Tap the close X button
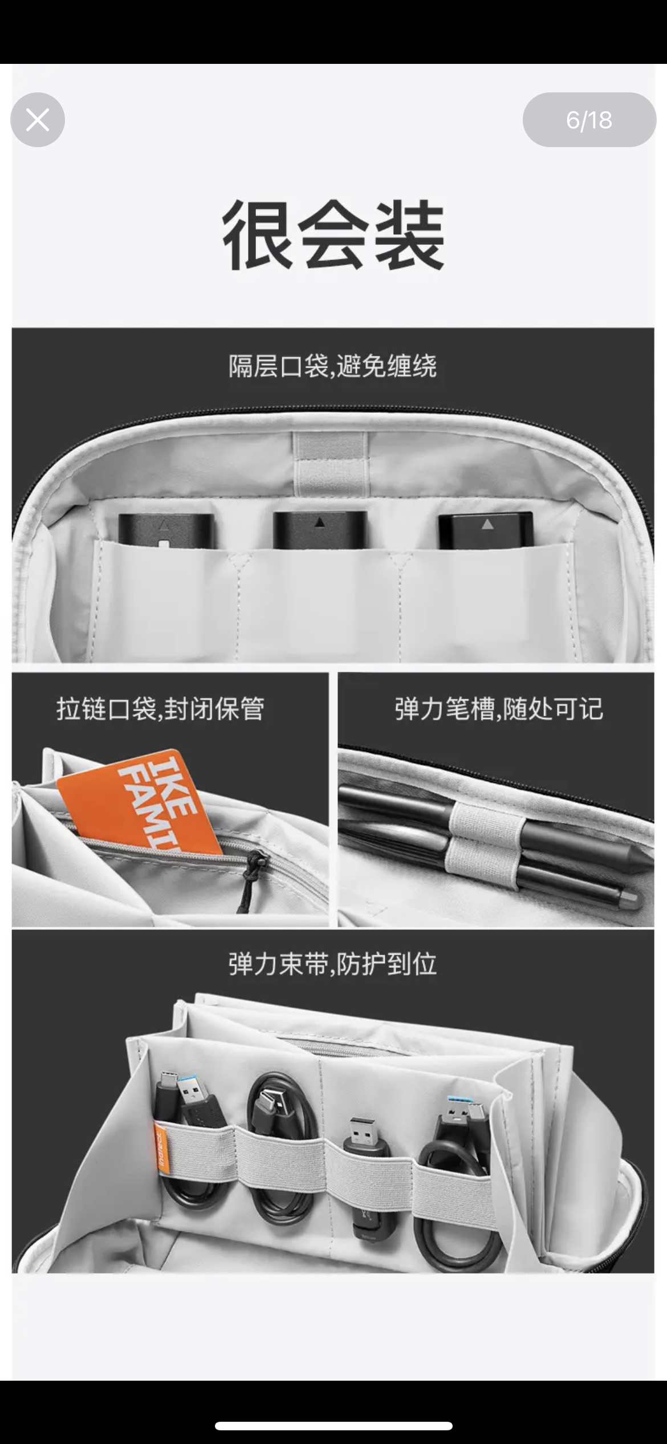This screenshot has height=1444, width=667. [38, 120]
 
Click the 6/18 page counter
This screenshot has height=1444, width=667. [589, 120]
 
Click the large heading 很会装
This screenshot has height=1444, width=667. [333, 234]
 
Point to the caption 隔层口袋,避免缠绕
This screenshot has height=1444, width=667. [333, 366]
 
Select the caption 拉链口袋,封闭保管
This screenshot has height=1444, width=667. [160, 709]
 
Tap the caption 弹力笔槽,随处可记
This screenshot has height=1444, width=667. [498, 709]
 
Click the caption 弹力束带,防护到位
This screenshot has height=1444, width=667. [333, 964]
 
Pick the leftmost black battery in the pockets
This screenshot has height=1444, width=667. [165, 530]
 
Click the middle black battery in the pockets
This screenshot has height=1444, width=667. [319, 529]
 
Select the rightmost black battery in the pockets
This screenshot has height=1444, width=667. [486, 530]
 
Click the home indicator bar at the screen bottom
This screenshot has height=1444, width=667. [333, 1426]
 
